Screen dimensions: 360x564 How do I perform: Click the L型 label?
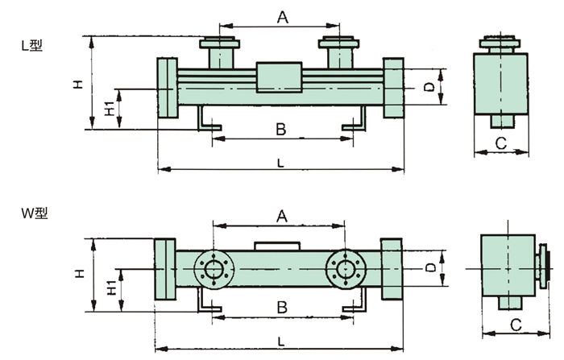(x=32, y=46)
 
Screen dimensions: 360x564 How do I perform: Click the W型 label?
(x=35, y=213)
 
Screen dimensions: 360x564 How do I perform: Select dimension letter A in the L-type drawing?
(x=282, y=17)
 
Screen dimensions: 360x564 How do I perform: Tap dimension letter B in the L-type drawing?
(x=280, y=129)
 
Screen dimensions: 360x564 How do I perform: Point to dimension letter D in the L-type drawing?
(x=430, y=85)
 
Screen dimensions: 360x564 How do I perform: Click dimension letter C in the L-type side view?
(x=500, y=144)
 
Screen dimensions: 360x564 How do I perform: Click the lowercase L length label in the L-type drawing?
(x=280, y=163)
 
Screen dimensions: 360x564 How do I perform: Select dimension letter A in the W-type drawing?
(x=281, y=215)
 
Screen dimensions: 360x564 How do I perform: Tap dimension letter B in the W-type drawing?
(x=280, y=308)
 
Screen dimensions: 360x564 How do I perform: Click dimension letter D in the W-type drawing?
(x=430, y=266)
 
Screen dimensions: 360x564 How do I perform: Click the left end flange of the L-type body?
(x=167, y=88)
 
